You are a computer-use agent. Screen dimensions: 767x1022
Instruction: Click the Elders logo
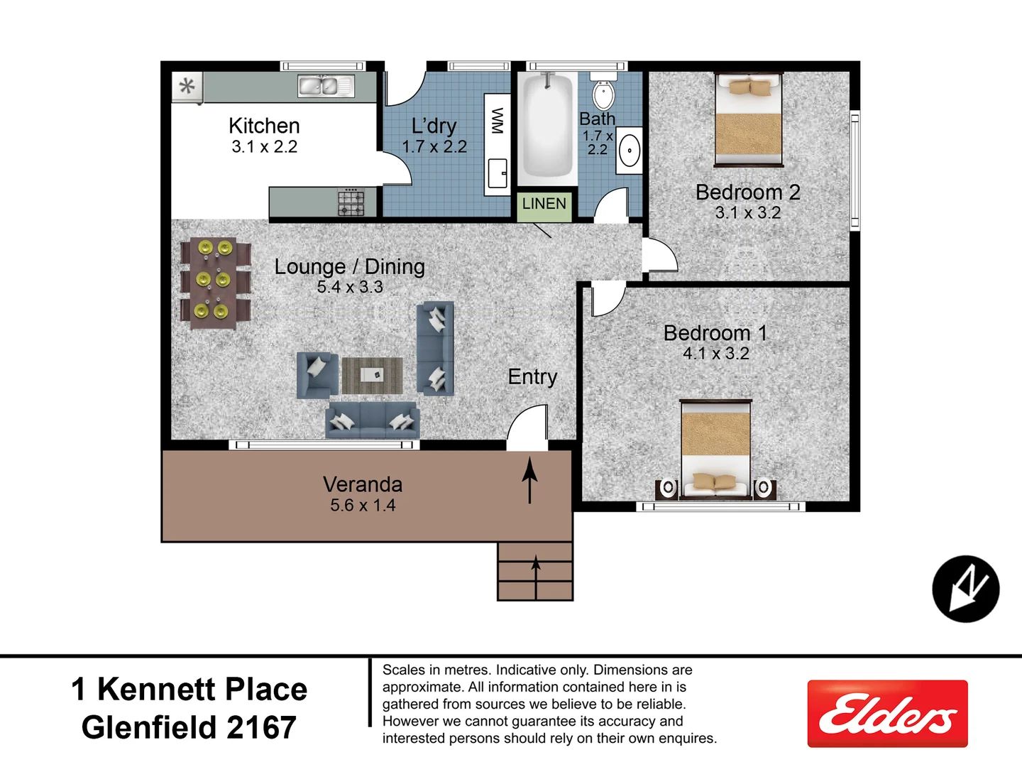pos(887,714)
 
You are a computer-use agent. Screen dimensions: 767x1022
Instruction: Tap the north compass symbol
pos(965,589)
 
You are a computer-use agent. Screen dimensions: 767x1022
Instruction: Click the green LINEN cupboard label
pos(544,205)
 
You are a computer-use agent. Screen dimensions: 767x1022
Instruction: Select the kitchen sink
pos(326,86)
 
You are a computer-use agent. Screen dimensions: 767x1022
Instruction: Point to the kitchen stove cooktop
pos(351,202)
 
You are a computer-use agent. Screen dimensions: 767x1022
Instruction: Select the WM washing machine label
pos(498,121)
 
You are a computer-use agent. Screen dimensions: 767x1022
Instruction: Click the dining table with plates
pos(214,282)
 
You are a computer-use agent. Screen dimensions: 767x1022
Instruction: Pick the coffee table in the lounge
pos(373,374)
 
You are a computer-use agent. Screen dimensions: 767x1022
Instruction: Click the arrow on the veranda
pos(529,480)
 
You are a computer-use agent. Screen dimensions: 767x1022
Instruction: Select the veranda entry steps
pos(535,572)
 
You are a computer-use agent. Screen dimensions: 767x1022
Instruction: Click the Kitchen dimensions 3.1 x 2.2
pos(264,147)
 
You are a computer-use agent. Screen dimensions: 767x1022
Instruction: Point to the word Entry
pos(532,376)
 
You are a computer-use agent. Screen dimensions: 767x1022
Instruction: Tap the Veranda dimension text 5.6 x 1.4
pos(363,506)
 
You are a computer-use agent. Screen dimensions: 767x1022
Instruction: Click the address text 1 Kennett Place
pos(189,689)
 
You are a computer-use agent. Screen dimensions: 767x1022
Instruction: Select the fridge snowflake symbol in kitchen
pos(187,87)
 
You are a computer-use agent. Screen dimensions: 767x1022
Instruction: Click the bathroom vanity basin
pos(629,151)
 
